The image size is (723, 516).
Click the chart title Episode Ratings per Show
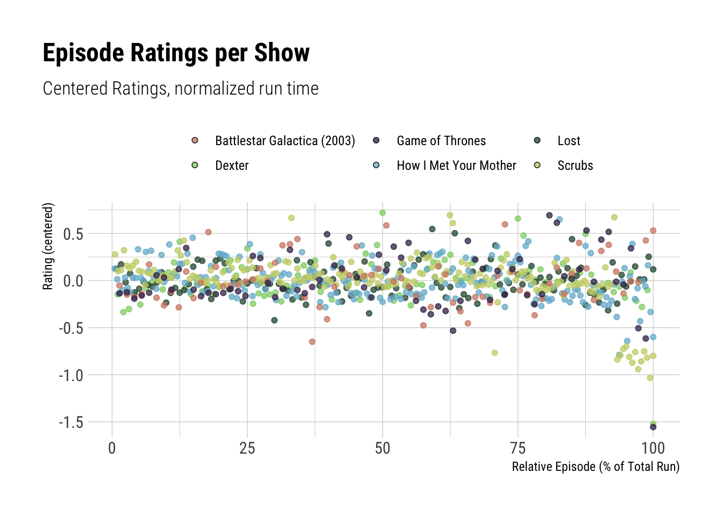pos(176,53)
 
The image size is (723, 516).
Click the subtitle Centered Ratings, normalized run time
pos(180,89)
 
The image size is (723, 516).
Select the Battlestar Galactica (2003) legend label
pos(285,141)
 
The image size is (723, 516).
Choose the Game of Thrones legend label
pos(441,141)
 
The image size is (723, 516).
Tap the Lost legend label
pos(569,141)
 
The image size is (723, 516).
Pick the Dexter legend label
pos(232,166)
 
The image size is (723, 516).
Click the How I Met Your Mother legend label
pos(456,166)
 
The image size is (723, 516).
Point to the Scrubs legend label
pos(575,166)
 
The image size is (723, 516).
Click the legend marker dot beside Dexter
pos(195,165)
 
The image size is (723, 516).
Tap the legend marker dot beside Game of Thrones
pos(377,140)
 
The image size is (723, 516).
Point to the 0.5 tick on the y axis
pos(73,234)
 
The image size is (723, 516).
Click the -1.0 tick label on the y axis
pos(70,375)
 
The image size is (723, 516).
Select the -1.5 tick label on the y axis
pos(70,422)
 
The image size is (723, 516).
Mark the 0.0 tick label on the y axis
pos(73,281)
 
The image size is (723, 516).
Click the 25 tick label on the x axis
pos(247,448)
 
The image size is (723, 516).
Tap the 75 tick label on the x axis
pos(518,448)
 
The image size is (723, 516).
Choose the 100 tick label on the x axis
pos(653,448)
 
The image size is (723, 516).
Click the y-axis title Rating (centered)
pos(48,246)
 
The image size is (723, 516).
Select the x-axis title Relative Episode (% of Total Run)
pos(596,467)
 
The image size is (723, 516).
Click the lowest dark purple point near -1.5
pos(653,427)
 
